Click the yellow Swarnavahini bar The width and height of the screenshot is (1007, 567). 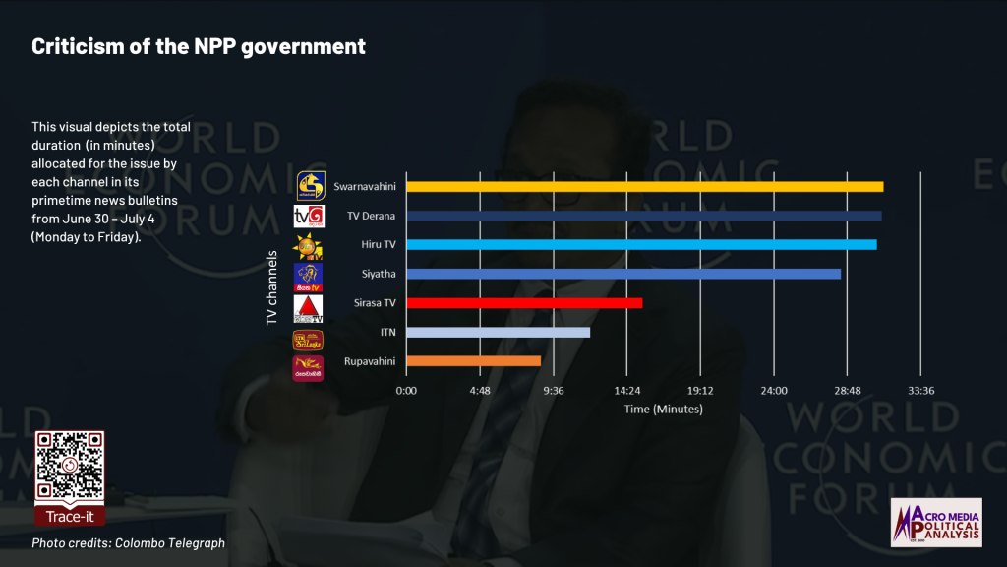[644, 186]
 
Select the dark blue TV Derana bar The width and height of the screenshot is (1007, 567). [643, 216]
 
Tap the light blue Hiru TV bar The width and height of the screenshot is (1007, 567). [640, 244]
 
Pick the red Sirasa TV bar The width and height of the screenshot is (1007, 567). [524, 303]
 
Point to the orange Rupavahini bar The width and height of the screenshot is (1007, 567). [473, 361]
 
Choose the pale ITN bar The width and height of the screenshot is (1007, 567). [498, 332]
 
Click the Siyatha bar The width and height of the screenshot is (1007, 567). [622, 274]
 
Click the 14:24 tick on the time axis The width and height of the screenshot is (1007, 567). [626, 391]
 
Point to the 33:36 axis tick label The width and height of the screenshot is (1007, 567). [920, 391]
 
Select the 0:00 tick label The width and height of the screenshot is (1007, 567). [405, 391]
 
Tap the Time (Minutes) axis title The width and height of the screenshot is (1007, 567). [663, 409]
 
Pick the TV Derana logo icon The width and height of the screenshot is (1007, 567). [309, 216]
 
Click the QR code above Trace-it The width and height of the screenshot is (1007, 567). [69, 466]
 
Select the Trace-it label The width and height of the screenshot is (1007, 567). [69, 515]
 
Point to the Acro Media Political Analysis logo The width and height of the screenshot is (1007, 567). [935, 522]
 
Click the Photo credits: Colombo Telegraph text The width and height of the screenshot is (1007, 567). [128, 543]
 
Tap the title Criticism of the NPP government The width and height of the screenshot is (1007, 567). [199, 46]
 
